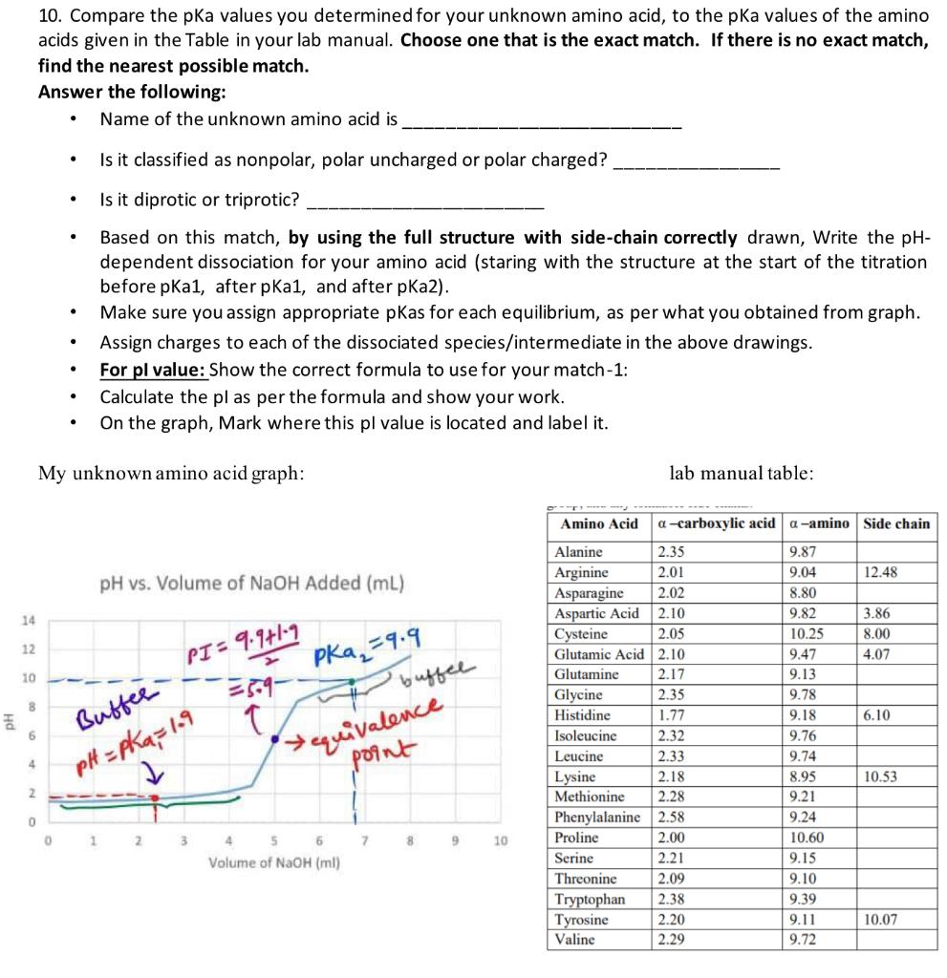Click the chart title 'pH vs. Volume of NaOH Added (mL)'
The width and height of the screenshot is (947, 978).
pyautogui.click(x=252, y=583)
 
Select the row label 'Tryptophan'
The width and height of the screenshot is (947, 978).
pyautogui.click(x=590, y=899)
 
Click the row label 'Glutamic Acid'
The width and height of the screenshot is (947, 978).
pyautogui.click(x=600, y=654)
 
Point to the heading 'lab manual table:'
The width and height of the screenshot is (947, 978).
pyautogui.click(x=743, y=472)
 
